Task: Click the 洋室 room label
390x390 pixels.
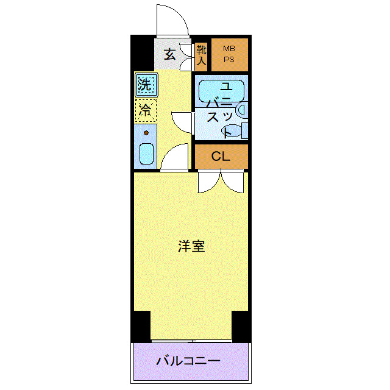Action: (191, 247)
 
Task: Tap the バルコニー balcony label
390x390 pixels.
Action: (188, 360)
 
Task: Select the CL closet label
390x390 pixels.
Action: (221, 157)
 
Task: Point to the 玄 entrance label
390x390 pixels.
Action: (169, 55)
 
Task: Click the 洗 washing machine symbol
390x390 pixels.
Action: (145, 85)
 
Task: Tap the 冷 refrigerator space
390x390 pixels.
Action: (145, 110)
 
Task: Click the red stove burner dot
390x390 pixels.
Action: (146, 132)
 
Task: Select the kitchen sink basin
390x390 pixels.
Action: (146, 154)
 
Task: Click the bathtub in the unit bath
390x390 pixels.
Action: (221, 90)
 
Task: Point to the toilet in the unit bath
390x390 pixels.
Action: (243, 130)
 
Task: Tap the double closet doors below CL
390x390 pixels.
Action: (221, 181)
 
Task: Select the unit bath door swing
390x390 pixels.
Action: (183, 120)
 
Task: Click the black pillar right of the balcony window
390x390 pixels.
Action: (241, 326)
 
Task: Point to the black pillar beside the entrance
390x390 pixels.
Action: (142, 54)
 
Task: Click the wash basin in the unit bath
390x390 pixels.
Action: (241, 110)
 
